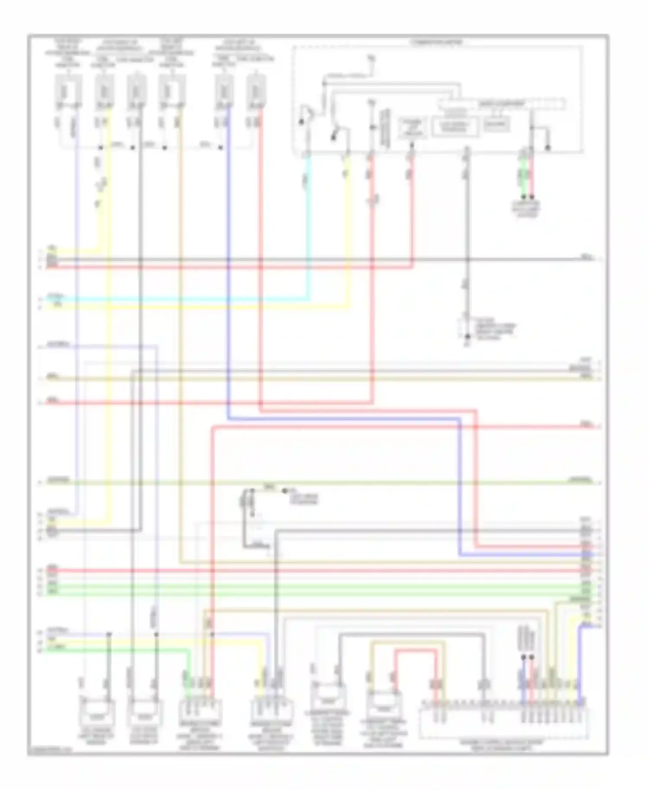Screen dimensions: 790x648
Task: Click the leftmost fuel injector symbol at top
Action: [x=68, y=91]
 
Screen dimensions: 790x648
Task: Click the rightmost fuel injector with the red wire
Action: [x=255, y=91]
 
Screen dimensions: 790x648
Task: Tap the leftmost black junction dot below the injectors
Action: [x=100, y=148]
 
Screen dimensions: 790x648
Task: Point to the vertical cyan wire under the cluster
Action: [x=308, y=225]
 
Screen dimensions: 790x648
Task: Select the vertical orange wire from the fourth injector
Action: [x=180, y=303]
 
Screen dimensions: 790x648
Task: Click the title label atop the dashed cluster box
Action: [x=436, y=42]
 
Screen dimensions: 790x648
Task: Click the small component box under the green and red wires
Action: [x=526, y=207]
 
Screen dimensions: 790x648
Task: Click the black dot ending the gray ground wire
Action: [x=467, y=336]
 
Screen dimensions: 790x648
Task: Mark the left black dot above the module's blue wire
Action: [x=523, y=657]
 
